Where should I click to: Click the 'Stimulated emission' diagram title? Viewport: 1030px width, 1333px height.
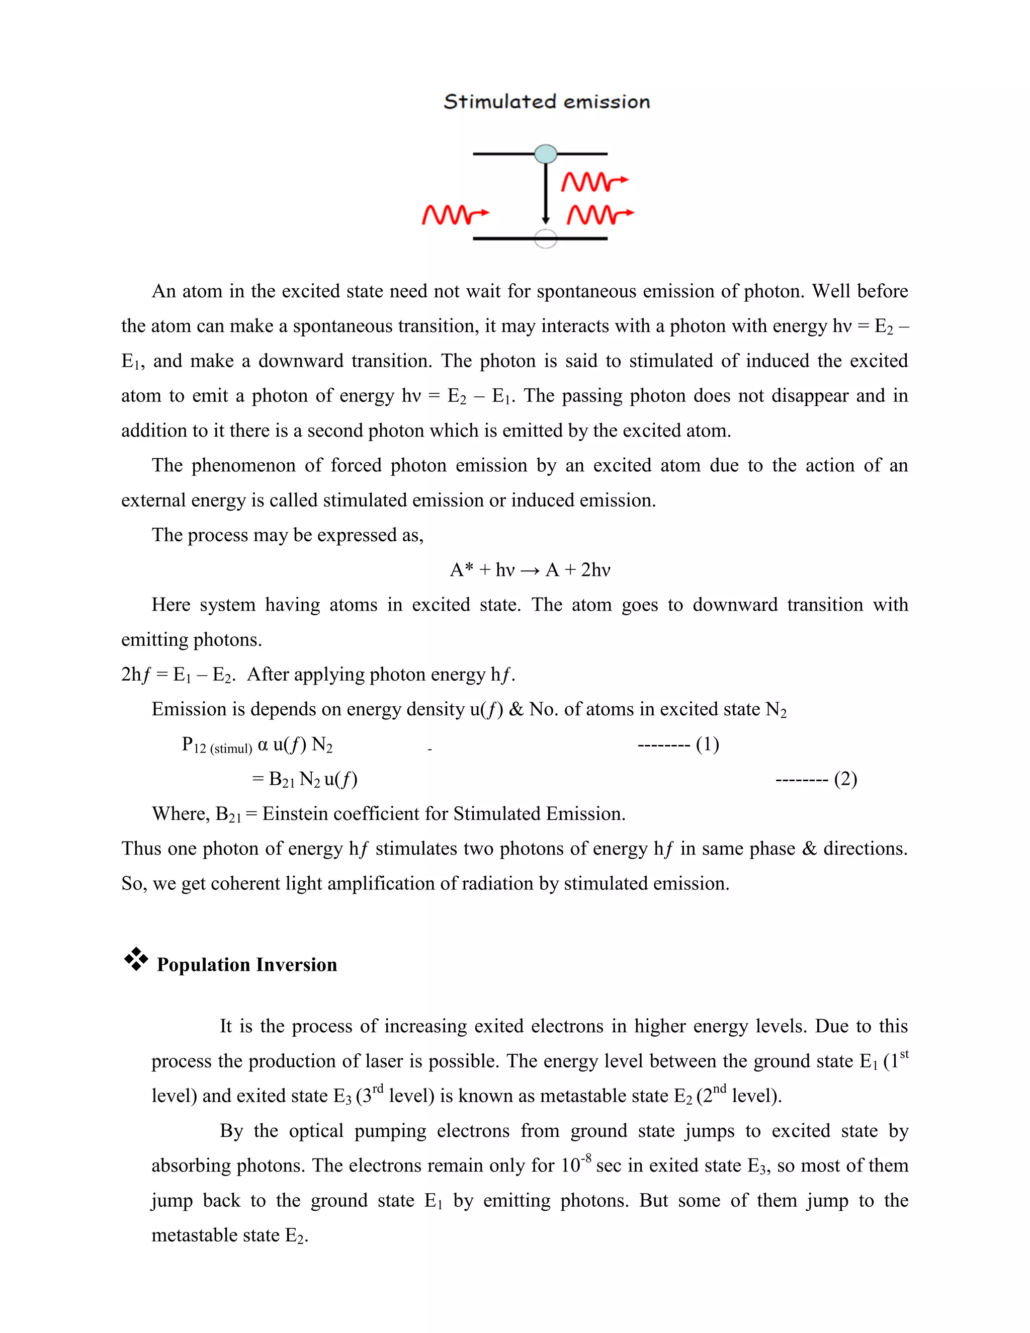click(546, 101)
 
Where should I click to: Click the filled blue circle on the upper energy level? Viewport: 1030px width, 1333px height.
click(546, 154)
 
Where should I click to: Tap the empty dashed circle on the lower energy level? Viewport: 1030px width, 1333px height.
click(546, 238)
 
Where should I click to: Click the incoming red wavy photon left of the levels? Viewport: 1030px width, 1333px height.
click(455, 214)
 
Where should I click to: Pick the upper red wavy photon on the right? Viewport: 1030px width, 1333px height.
click(594, 181)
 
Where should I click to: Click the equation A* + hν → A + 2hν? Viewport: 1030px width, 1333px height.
click(530, 570)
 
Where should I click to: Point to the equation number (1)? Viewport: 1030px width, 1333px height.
click(707, 744)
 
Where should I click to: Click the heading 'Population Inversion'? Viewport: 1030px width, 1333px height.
click(246, 964)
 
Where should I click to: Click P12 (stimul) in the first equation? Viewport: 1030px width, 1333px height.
click(217, 745)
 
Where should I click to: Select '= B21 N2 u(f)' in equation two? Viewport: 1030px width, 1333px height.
click(304, 779)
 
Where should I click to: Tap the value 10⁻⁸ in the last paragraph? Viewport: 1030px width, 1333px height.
click(575, 1164)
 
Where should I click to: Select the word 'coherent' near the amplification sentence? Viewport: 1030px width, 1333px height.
click(245, 883)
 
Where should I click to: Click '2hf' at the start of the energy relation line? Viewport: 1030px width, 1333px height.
click(135, 675)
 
